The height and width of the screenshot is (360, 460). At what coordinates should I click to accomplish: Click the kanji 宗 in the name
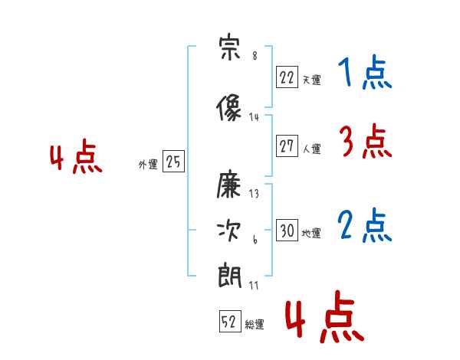click(230, 47)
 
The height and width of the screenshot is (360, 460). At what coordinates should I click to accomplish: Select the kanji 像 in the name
click(228, 107)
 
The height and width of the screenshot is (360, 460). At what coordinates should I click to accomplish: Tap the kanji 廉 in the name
click(228, 185)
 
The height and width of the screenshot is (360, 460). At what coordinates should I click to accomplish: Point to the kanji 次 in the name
click(228, 231)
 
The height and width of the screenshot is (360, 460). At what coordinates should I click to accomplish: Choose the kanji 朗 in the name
click(229, 275)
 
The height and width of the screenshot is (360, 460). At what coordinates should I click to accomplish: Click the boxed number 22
click(287, 77)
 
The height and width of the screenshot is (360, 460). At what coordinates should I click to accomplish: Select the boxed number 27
click(287, 146)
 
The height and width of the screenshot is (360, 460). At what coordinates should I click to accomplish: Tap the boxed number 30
click(287, 230)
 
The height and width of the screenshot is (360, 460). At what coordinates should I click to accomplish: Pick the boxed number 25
click(173, 161)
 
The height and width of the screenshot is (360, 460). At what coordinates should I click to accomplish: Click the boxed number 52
click(230, 321)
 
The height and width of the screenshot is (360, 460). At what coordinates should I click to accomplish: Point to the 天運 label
click(311, 80)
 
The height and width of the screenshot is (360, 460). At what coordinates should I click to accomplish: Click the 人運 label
click(311, 149)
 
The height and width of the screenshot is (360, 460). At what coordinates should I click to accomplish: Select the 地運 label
click(311, 233)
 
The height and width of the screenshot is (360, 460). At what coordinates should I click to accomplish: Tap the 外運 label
click(148, 165)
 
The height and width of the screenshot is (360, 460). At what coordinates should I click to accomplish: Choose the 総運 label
click(255, 324)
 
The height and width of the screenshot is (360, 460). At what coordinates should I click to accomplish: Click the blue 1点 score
click(365, 72)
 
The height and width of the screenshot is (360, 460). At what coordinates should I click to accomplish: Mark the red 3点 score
click(366, 141)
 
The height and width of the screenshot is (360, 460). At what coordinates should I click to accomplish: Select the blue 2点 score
click(364, 225)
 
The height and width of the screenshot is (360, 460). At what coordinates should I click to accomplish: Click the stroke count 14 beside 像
click(254, 117)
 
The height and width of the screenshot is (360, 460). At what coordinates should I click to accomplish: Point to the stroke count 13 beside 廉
click(254, 194)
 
